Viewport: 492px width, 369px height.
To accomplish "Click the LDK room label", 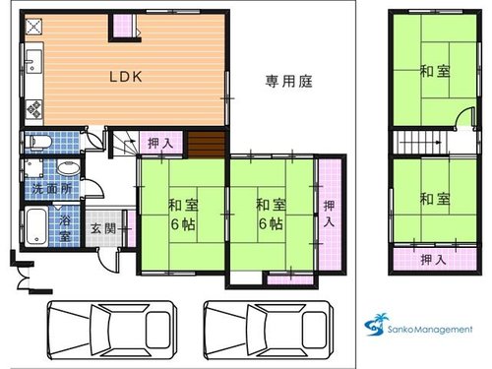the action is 126,77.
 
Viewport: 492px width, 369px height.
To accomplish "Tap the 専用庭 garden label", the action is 288,81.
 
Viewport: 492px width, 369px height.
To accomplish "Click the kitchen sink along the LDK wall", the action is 33,62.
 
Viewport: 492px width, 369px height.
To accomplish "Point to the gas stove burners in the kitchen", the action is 33,109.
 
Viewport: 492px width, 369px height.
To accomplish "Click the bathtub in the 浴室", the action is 36,226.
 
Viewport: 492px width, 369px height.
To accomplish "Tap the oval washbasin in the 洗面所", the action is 68,168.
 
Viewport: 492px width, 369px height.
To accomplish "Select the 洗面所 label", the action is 52,189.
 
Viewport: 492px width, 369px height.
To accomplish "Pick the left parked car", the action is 112,330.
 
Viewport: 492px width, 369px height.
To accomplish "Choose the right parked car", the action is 269,330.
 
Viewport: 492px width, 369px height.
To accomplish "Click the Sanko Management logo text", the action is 430,329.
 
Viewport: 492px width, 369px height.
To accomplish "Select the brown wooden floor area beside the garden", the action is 207,144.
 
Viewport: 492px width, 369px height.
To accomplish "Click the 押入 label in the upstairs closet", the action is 434,260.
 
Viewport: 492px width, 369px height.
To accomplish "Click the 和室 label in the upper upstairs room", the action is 435,71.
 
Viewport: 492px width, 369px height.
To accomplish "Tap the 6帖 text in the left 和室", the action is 183,224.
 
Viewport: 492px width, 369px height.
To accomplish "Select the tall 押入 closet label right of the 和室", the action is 329,214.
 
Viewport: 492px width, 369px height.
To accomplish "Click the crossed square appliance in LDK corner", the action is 33,27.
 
